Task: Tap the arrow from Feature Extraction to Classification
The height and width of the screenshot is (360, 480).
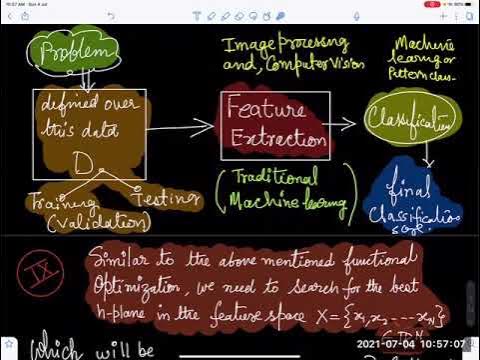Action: tap(338, 123)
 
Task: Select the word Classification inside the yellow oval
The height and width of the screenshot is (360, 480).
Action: tap(407, 120)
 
